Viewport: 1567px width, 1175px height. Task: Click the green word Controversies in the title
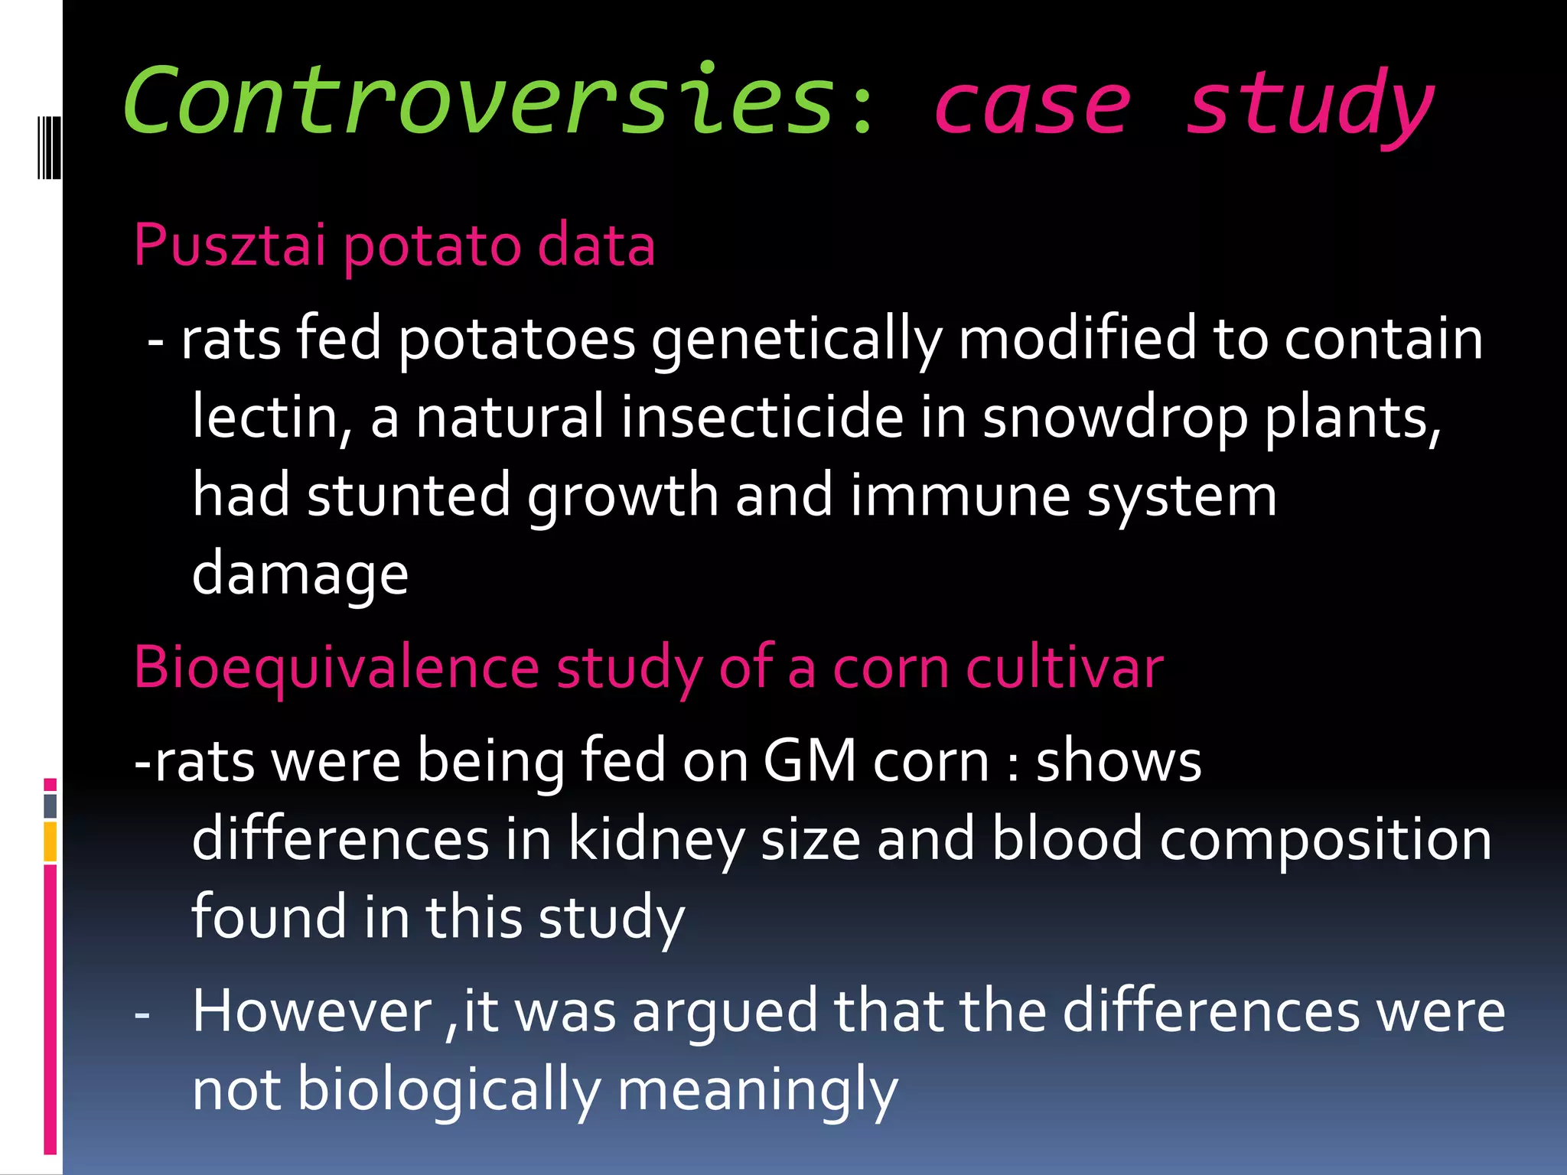tap(478, 102)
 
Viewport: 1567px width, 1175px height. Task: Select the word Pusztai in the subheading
tap(230, 245)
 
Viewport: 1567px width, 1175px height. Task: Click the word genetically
tap(796, 339)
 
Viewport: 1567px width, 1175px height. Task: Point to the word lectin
tap(272, 417)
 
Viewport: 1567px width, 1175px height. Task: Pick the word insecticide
tap(762, 417)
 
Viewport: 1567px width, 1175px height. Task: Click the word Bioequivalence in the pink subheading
tap(337, 668)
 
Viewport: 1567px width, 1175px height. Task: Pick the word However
tap(313, 1011)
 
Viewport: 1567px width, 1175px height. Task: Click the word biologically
tap(448, 1089)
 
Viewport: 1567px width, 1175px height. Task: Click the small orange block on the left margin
tap(50, 841)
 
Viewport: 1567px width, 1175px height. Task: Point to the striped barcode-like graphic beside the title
tap(49, 147)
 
